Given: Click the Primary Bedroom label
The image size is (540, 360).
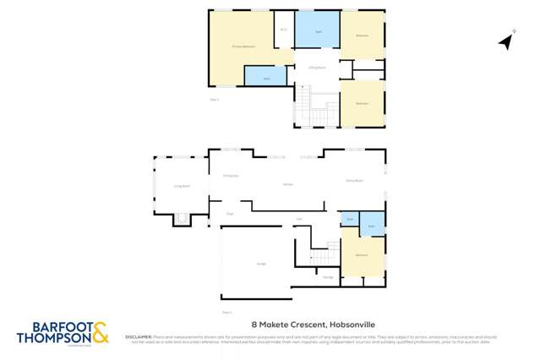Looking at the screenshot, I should [x=243, y=46].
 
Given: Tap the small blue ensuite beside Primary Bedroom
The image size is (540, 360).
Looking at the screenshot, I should [x=265, y=76].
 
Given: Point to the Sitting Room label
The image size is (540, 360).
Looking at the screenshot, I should [x=317, y=67].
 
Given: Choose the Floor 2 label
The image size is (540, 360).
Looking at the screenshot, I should [x=214, y=100].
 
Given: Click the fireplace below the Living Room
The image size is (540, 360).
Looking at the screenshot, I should [x=181, y=220].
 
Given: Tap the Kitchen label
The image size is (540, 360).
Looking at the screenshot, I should [x=287, y=183].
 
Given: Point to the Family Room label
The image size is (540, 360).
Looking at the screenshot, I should [x=353, y=180].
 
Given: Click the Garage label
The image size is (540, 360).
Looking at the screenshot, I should [x=261, y=264].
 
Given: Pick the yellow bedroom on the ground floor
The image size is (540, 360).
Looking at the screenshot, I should [x=362, y=254].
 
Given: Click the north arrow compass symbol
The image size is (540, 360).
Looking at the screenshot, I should [x=506, y=40].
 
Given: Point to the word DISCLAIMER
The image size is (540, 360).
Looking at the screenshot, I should [x=139, y=335].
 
